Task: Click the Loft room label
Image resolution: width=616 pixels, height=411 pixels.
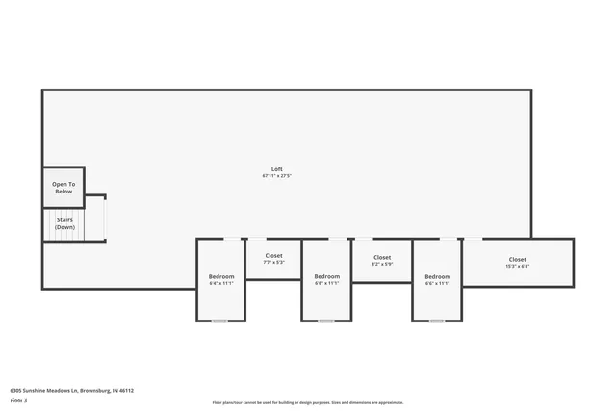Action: pos(276,169)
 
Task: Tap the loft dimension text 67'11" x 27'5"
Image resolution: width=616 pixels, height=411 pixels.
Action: pos(276,176)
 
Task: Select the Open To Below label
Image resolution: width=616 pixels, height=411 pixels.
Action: pos(63,188)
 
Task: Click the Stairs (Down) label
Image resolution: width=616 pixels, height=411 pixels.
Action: pos(64,223)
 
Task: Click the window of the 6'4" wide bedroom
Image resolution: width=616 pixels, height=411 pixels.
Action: pos(220,321)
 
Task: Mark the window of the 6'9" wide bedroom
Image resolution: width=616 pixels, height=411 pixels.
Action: pos(326,321)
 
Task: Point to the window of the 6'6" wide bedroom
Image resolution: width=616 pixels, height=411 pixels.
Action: pos(437,321)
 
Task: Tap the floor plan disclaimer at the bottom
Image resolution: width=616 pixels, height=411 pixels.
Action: pos(307,402)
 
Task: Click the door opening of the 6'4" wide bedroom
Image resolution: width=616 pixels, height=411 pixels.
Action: pos(233,239)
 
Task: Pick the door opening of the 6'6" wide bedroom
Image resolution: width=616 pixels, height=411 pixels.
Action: pos(449,239)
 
